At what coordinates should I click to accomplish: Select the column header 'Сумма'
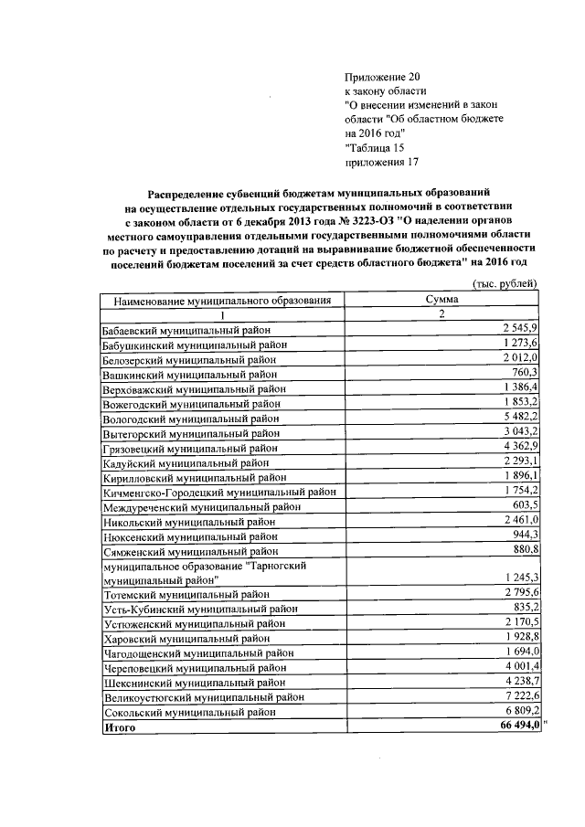[x=441, y=300]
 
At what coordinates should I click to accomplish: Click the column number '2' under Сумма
[x=441, y=314]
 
